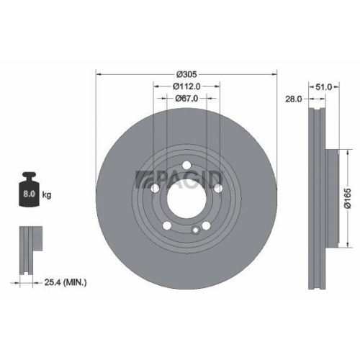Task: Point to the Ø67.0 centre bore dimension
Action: (x=186, y=99)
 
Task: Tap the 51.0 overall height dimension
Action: (x=325, y=87)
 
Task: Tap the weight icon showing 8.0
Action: (x=31, y=189)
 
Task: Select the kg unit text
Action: (x=48, y=194)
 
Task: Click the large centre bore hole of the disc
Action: (x=186, y=195)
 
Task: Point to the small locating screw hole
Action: (x=195, y=230)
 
